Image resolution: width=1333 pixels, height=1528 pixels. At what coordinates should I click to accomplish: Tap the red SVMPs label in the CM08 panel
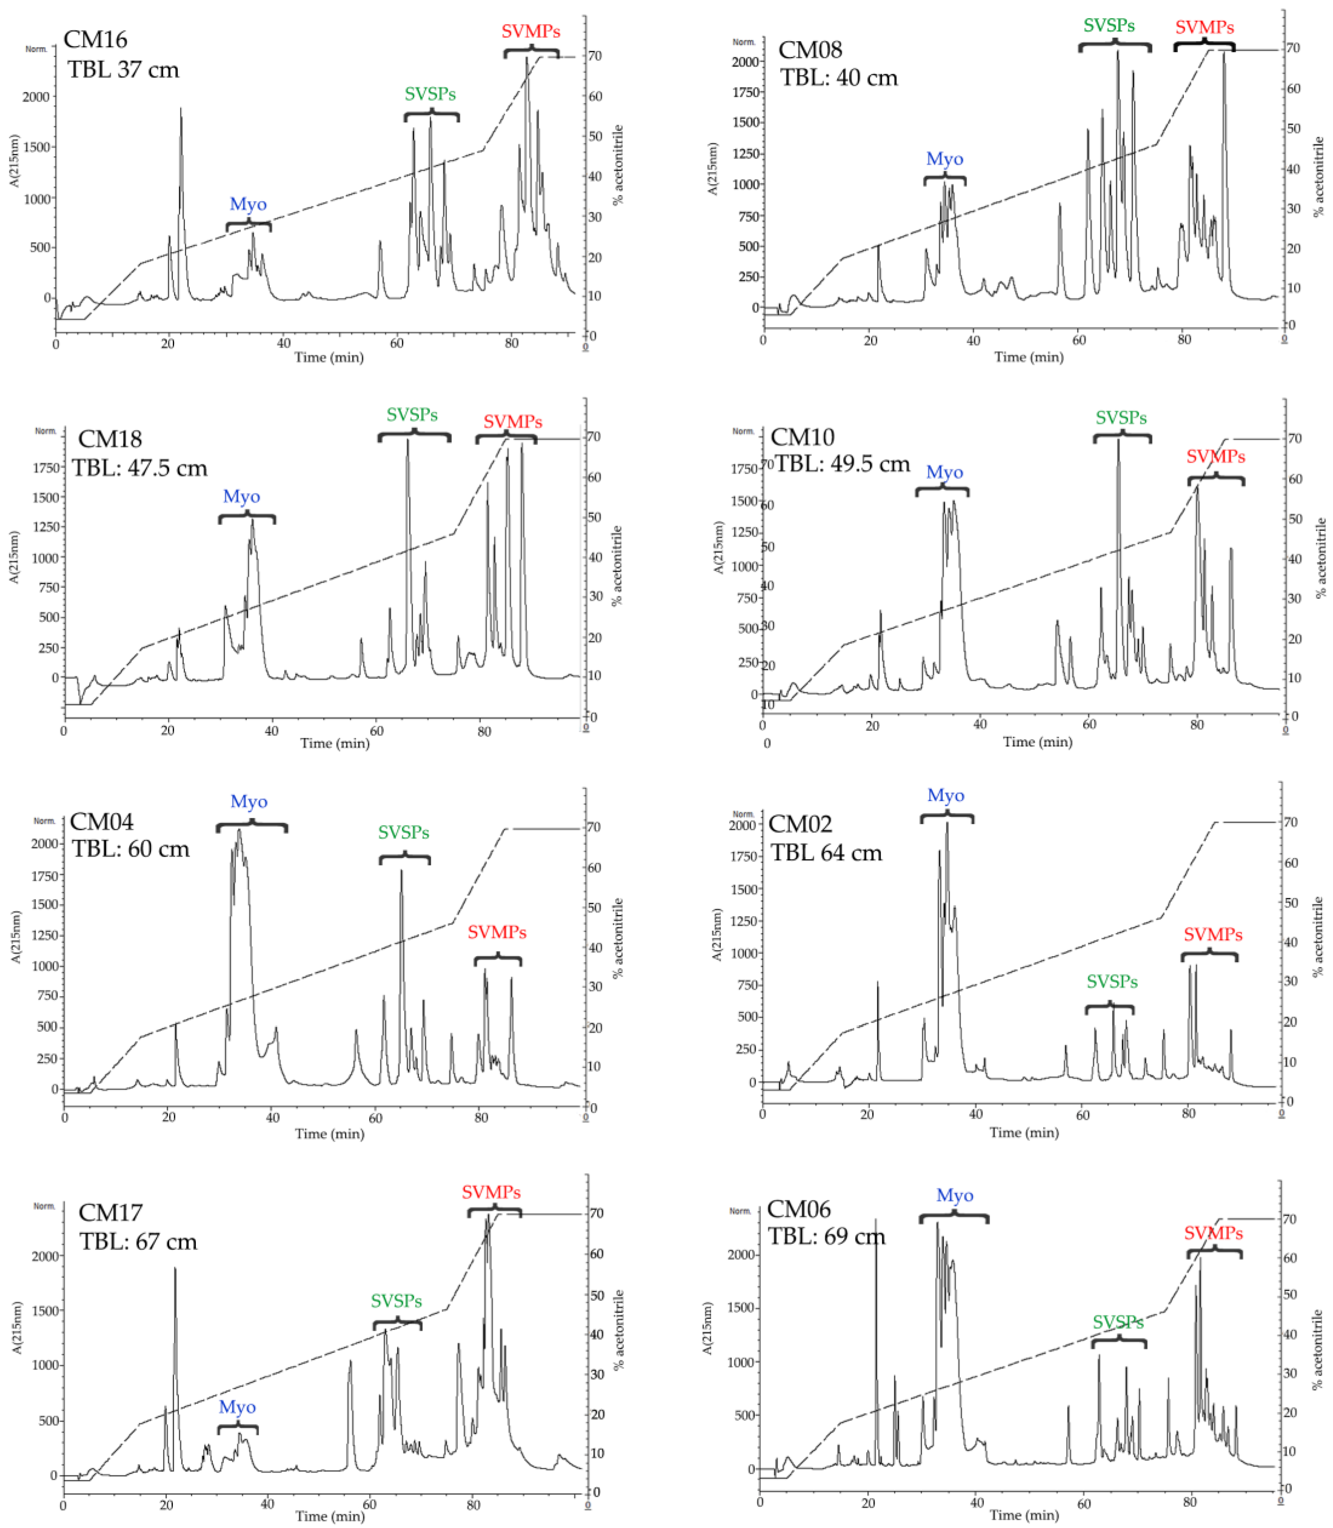click(x=1204, y=27)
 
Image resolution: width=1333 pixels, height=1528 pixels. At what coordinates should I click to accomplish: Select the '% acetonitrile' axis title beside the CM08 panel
click(x=1318, y=177)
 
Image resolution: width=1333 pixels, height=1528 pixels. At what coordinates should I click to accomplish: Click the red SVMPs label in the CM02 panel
click(x=1213, y=934)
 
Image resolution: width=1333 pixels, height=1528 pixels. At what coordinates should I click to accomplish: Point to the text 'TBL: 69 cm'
click(x=826, y=1236)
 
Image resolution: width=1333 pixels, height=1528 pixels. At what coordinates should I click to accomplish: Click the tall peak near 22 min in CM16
click(x=180, y=111)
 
